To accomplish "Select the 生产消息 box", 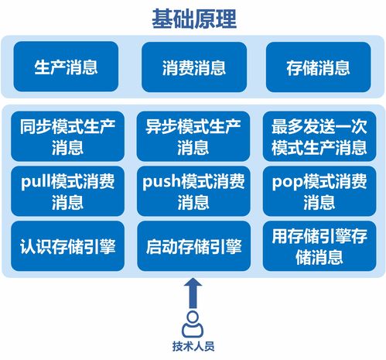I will click(x=67, y=67).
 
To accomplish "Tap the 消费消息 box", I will click(x=193, y=67).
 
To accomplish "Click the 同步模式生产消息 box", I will click(x=68, y=135).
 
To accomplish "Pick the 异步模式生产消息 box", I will click(x=193, y=135).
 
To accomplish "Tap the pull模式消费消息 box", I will click(x=68, y=192).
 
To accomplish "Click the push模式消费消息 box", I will click(x=193, y=192).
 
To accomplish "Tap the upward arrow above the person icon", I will click(x=193, y=293).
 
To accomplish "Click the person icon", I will click(x=193, y=323).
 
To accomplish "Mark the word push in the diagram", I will click(x=162, y=183).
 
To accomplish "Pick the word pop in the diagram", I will click(x=288, y=183).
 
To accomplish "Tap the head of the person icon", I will click(x=193, y=317).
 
